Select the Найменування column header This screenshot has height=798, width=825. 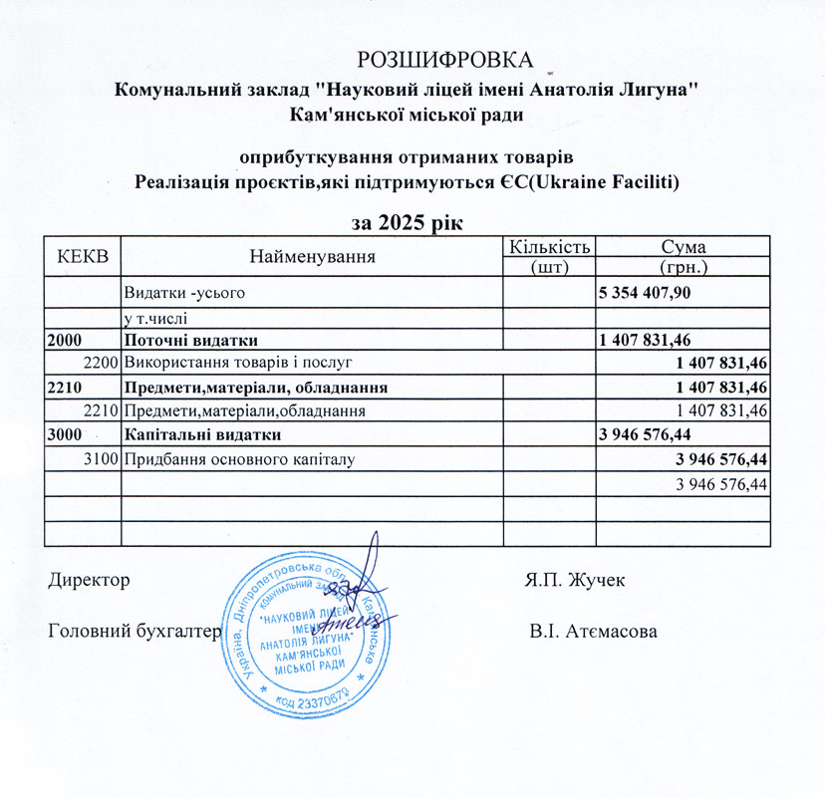[x=311, y=256]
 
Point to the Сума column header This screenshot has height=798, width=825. [x=684, y=246]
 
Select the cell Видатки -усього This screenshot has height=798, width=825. [x=182, y=293]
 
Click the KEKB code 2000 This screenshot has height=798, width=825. [x=65, y=340]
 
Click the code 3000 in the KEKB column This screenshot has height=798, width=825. [x=65, y=434]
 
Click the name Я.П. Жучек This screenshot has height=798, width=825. [x=575, y=580]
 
